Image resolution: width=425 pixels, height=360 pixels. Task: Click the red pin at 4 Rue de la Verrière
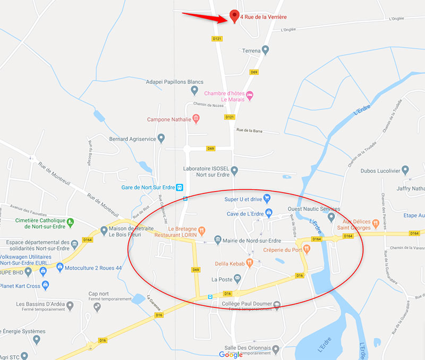coord(234,15)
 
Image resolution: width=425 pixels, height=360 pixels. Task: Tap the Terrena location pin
coord(266,50)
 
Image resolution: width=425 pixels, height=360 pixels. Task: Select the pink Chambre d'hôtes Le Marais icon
coord(251,96)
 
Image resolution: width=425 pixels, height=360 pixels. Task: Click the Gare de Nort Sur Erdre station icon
coord(180,187)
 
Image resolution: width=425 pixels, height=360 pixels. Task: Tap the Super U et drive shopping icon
coord(268,199)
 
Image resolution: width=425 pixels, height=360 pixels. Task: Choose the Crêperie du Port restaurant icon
coord(307,249)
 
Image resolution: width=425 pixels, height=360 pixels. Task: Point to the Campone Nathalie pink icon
coord(196,118)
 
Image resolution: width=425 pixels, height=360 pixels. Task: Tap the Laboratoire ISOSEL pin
coord(234,170)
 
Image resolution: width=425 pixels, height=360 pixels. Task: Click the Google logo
coord(231,355)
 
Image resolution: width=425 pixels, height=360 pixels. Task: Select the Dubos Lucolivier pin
coord(405,170)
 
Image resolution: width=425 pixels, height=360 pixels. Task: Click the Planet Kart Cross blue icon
coord(45,286)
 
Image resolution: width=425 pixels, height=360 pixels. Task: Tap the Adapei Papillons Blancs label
coord(174,82)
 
